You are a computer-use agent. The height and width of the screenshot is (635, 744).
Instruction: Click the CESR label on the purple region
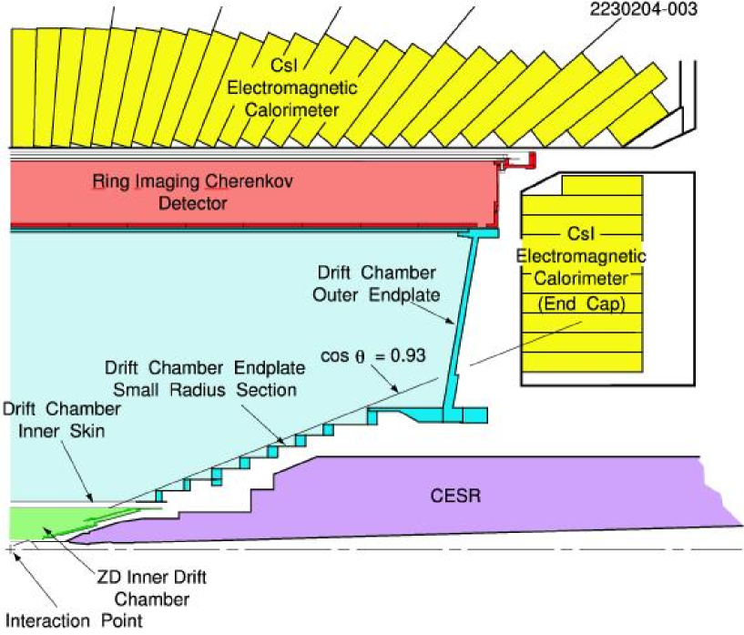coord(456,497)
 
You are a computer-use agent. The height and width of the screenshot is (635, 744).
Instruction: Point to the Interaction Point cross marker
coord(10,549)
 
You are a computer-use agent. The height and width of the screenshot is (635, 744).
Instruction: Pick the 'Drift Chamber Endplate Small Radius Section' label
coord(200,378)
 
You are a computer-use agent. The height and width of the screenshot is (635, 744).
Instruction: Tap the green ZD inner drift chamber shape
coord(36,523)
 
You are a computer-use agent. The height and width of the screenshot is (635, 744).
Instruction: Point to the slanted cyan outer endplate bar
coord(461,319)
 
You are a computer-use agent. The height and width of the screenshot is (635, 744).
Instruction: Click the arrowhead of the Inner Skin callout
coord(93,498)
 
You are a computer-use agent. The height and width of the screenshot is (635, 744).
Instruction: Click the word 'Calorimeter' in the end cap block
coord(581,277)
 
